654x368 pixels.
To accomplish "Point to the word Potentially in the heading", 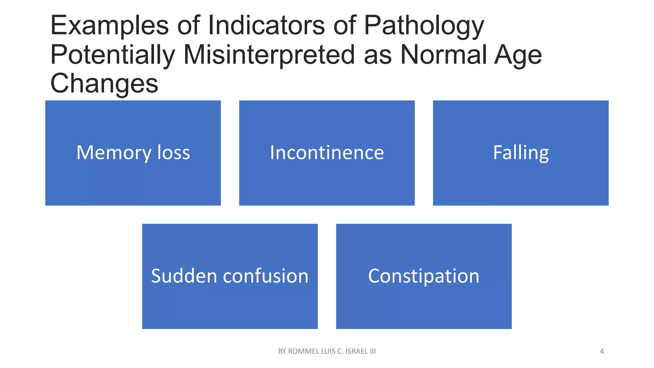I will pos(112,55).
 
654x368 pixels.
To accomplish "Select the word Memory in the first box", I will pos(114,153).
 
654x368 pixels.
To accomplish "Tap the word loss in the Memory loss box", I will pos(174,153).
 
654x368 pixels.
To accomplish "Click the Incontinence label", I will pos(327,153).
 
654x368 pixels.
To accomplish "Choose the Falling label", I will pos(521,153).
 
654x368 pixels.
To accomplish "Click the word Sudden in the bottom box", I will pos(184,276).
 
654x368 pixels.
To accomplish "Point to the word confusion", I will pos(266,276).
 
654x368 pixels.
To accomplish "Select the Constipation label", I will pos(423,276).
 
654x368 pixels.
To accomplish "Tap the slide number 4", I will pos(602,351).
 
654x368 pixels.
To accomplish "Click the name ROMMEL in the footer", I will pos(303,351).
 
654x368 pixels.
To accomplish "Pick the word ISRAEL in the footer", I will pos(357,351).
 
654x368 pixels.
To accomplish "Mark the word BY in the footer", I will pos(282,351).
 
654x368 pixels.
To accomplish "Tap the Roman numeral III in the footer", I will pos(372,351).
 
